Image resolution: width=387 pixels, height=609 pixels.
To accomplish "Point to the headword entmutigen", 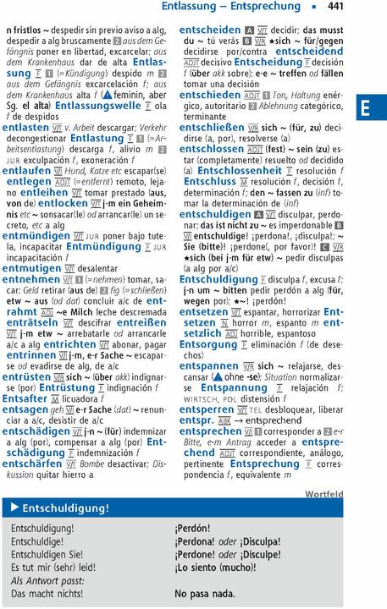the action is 32,266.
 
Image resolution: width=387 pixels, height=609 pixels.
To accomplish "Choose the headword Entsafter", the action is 25,398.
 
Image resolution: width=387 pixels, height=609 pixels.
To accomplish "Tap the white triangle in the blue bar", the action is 14,507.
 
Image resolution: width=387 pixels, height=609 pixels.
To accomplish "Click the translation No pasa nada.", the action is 205,594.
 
